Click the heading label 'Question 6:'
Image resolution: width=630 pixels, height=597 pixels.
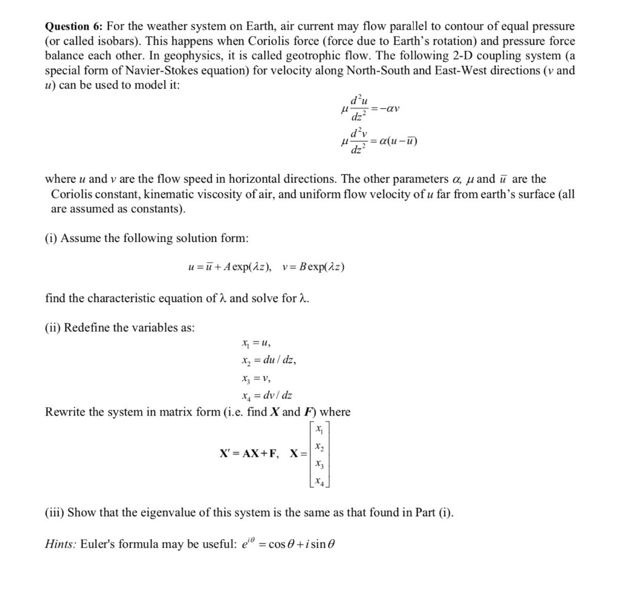(x=74, y=26)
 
